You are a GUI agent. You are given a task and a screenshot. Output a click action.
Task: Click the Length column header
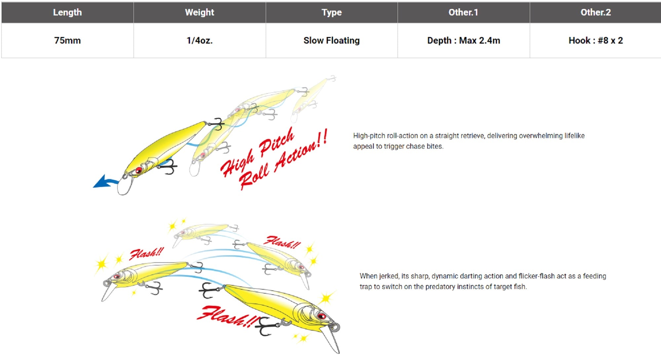coord(67,13)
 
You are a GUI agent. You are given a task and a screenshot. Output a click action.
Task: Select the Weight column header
coord(200,13)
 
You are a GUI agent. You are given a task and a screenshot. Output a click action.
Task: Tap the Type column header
coord(331,13)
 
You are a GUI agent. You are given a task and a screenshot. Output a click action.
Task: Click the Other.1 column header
coord(463,13)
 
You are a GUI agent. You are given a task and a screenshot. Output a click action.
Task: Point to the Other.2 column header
coord(596,13)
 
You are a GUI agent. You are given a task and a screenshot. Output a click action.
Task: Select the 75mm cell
coord(67,41)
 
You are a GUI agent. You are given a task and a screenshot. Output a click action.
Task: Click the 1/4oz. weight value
coord(200,41)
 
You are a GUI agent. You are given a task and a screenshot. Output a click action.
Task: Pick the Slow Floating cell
coord(331,41)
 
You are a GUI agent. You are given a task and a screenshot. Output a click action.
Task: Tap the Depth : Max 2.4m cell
coord(463,41)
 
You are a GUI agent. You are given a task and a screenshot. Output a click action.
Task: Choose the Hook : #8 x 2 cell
coord(596,41)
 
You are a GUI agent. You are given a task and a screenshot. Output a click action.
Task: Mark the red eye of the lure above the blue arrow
coord(139,170)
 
